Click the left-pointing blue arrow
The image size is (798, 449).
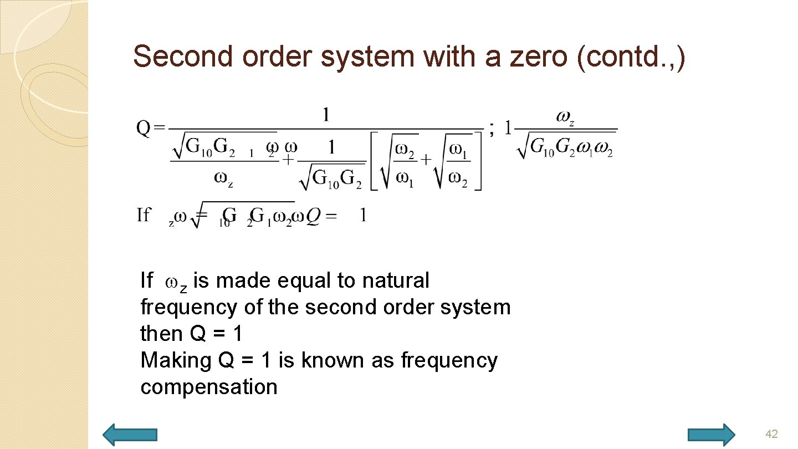(x=131, y=435)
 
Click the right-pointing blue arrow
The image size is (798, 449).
(x=711, y=435)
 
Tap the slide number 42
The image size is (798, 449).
(x=771, y=433)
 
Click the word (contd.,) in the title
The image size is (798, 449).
(x=631, y=56)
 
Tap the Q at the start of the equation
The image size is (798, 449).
(x=143, y=129)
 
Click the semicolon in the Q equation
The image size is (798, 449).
(x=492, y=129)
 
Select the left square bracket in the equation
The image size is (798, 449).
(x=375, y=161)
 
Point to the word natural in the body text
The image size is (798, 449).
(x=396, y=280)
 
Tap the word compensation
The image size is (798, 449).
(x=209, y=387)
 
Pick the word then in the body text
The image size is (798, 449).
(x=160, y=334)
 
